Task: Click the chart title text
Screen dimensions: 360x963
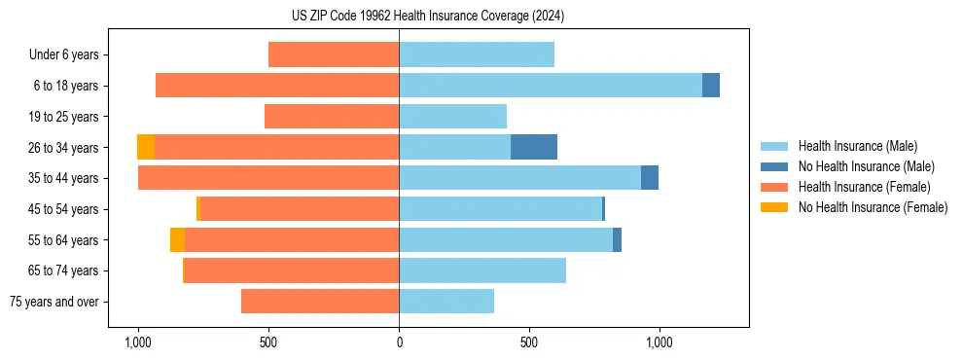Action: tap(427, 17)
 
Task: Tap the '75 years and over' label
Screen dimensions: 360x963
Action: tap(54, 302)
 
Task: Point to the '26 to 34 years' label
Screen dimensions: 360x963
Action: tap(63, 148)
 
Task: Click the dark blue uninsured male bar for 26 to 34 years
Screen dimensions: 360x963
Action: tap(534, 147)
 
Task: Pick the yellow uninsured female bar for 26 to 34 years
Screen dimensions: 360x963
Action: tap(146, 147)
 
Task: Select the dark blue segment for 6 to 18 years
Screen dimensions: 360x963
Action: tap(711, 86)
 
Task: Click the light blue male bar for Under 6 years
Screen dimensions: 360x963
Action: tap(477, 54)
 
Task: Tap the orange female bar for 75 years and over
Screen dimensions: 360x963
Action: tap(320, 302)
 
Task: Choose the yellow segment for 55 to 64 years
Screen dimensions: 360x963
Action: tap(177, 240)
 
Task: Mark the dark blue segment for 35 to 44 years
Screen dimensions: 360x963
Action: tap(650, 178)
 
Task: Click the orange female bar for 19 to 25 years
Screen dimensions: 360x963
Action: tap(332, 117)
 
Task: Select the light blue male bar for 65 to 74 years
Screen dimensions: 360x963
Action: tap(482, 270)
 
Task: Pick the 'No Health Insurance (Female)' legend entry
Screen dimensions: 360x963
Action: tap(873, 207)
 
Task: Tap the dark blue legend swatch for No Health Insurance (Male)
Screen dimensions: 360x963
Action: tap(774, 166)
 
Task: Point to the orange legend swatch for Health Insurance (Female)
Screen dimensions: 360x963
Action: tap(774, 187)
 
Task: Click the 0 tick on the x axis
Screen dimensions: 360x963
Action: tap(399, 342)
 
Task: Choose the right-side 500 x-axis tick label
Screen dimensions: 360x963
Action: tap(529, 342)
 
